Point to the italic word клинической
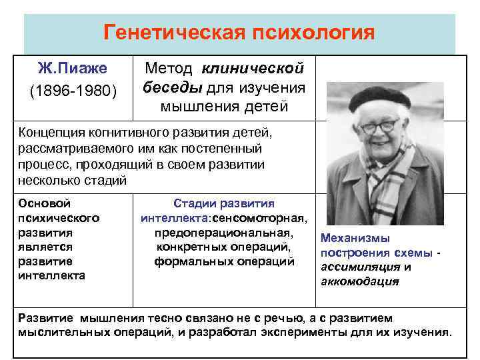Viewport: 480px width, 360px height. click(x=253, y=68)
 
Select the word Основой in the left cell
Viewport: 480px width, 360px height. click(x=45, y=203)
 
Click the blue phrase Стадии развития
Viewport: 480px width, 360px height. click(x=223, y=203)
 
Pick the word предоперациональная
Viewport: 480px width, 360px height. click(x=223, y=233)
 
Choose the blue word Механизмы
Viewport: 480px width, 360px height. click(x=355, y=238)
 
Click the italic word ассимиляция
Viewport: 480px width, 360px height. click(x=361, y=267)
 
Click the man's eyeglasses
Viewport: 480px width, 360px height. click(x=380, y=126)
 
